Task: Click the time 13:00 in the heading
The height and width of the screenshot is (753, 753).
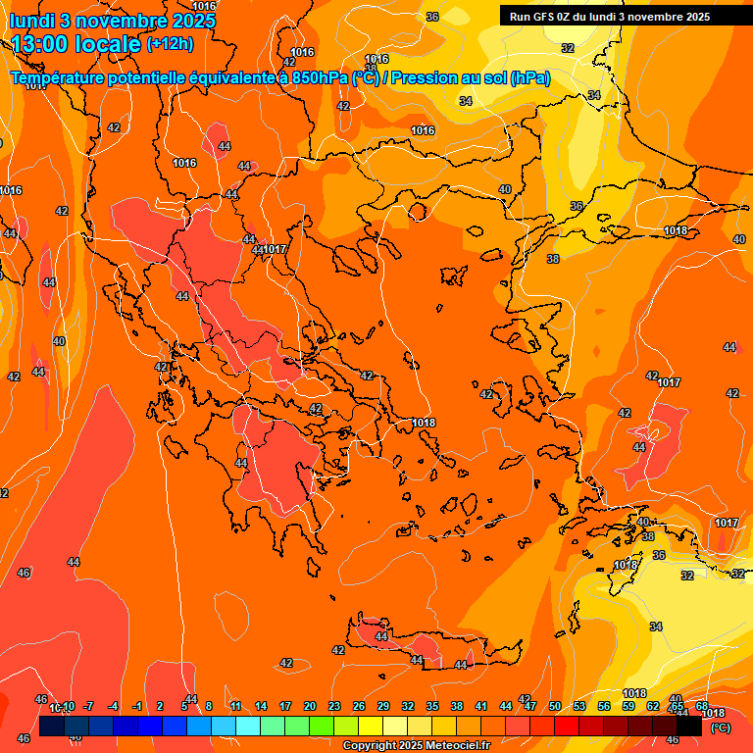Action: tap(43, 44)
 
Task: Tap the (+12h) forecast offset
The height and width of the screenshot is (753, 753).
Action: tap(170, 43)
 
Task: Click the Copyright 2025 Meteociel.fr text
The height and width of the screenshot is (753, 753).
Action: tap(416, 745)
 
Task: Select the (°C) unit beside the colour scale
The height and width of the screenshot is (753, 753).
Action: tap(721, 728)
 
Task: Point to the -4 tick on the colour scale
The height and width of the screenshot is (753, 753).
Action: tap(113, 706)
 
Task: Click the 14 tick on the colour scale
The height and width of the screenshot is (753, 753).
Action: tap(261, 706)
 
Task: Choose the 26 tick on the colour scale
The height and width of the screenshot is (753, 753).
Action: tap(359, 706)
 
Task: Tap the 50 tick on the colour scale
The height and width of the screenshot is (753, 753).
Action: tap(555, 706)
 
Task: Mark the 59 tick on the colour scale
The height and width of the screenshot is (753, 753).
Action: tap(628, 706)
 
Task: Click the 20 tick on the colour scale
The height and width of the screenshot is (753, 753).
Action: tap(310, 706)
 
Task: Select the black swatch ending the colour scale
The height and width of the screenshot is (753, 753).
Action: tap(689, 726)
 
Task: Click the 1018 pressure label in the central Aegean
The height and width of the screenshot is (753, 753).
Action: tap(424, 423)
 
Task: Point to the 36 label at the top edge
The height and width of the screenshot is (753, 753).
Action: tap(432, 17)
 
